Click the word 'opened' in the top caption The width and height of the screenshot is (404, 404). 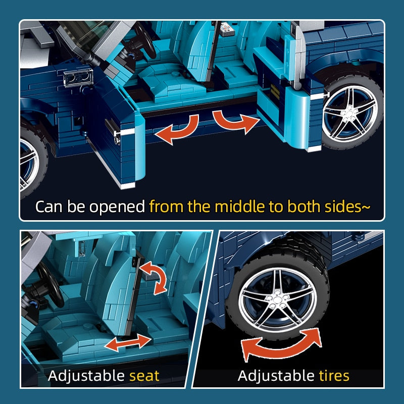(x=117, y=207)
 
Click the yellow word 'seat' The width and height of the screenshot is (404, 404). (x=144, y=376)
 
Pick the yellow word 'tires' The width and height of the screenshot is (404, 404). (x=334, y=376)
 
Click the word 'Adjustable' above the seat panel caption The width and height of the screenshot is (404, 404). (x=86, y=376)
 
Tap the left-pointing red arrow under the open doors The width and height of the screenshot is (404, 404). (x=177, y=129)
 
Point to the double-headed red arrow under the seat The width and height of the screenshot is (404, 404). (x=128, y=342)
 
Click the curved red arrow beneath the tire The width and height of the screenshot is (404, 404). (x=281, y=345)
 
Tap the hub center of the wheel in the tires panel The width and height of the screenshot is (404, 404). (x=277, y=299)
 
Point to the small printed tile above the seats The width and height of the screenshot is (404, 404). (x=227, y=29)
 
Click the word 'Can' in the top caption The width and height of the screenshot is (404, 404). (x=49, y=207)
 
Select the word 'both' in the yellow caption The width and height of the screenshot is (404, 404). (x=304, y=207)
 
